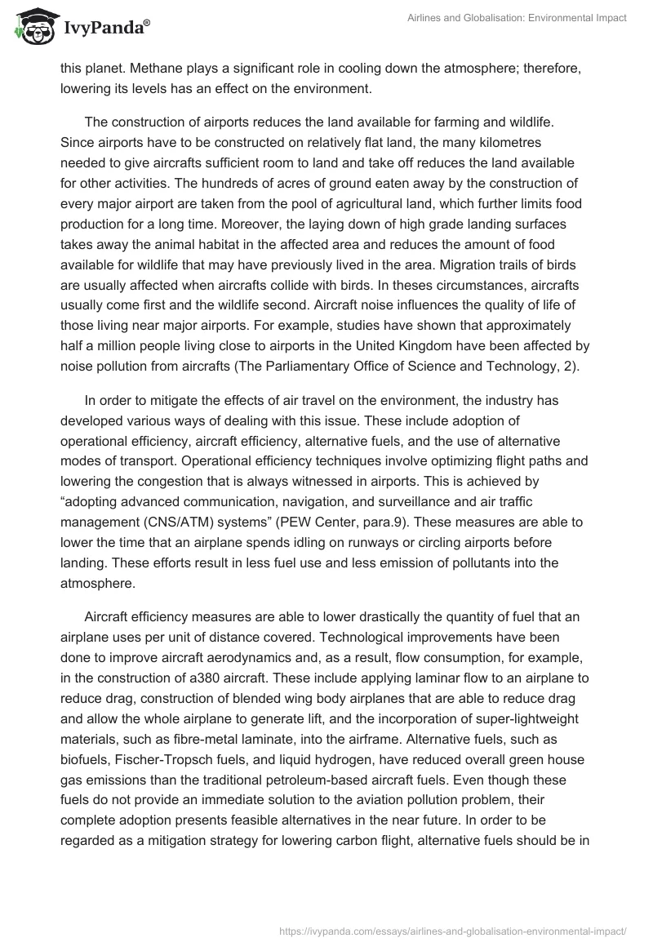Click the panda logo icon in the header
point(32,28)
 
